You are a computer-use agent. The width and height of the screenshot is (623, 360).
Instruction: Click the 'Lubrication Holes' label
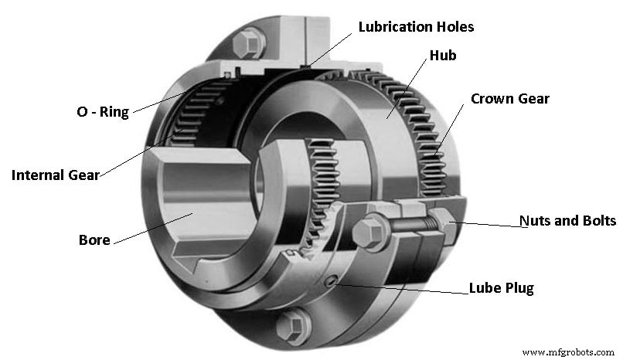[416, 27]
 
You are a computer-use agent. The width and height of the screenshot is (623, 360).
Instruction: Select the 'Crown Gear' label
[509, 99]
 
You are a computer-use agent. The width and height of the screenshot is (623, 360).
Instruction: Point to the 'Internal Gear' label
[55, 175]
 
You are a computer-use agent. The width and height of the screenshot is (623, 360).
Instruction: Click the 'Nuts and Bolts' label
[567, 221]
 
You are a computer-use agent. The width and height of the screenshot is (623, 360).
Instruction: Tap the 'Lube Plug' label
[501, 289]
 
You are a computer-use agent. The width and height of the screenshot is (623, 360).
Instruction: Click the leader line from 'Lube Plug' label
[402, 289]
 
